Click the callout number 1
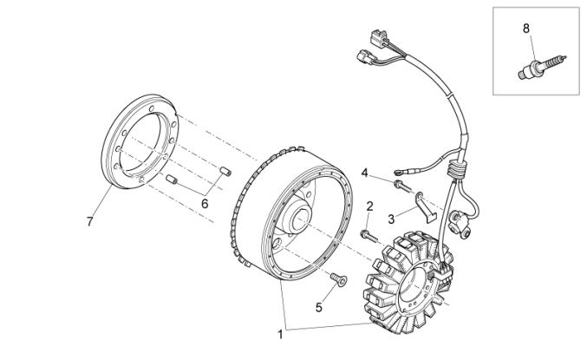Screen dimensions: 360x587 279,333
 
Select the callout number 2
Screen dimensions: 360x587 369,206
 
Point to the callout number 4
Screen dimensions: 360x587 365,172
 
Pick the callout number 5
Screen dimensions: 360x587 318,306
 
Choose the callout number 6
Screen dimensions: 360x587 205,203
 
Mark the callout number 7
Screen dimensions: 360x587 89,222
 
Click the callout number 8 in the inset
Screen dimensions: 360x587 525,29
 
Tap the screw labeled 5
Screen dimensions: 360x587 337,278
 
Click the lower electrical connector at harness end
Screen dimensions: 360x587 362,59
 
